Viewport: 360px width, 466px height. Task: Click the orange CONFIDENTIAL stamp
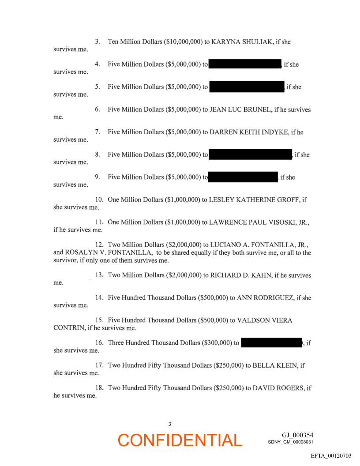coord(180,440)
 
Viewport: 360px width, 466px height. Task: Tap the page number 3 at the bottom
coord(170,424)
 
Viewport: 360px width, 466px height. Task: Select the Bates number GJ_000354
coord(297,435)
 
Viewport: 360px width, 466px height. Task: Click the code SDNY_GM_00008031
coord(290,442)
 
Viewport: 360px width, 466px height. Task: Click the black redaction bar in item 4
coord(245,64)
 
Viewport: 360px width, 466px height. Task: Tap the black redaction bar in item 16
coord(271,343)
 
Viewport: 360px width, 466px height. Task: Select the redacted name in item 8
coord(250,154)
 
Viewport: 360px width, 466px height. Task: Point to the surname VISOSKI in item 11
coord(276,222)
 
